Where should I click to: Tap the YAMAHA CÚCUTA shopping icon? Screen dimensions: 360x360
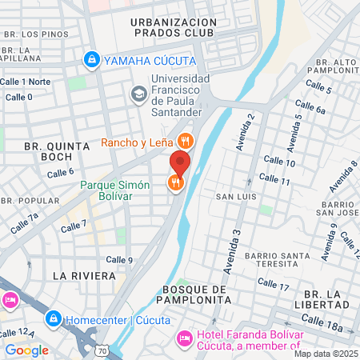point(93,59)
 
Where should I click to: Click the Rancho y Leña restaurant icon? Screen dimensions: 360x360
point(185,142)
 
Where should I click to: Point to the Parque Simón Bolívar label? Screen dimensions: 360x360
point(115,190)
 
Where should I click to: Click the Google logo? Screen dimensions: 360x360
point(26,350)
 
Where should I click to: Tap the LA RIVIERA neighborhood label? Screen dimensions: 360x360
point(78,274)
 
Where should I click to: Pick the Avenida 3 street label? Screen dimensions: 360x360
point(236,244)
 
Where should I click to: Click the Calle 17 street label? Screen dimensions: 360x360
point(273,285)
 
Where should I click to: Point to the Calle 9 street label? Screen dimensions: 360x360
point(119,259)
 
